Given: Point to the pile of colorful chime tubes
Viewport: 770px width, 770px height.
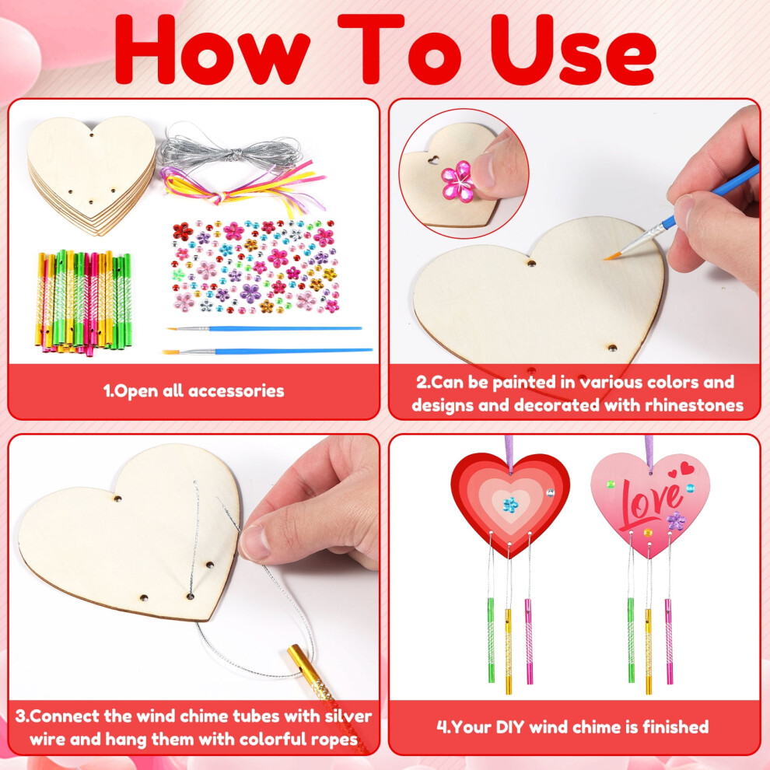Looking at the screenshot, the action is (84, 302).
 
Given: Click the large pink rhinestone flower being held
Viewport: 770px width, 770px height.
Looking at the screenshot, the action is (457, 181).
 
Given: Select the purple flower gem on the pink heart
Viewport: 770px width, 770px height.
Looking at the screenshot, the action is (676, 520).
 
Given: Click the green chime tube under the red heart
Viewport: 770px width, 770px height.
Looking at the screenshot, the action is (491, 640).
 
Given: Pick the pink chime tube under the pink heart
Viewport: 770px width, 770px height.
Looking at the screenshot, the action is (668, 641).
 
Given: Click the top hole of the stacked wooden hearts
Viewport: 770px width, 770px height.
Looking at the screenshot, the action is (92, 134).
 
